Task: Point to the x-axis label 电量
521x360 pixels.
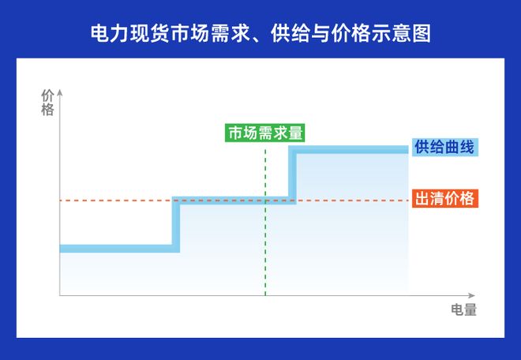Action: tap(463, 310)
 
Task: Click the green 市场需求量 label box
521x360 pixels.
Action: tap(265, 133)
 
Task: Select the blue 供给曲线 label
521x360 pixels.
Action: tap(445, 148)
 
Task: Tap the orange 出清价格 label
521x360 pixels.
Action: tap(445, 199)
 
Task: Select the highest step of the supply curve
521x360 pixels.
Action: tap(351, 149)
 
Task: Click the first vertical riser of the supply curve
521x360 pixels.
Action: tap(176, 224)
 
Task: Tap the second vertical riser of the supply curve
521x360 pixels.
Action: tap(293, 174)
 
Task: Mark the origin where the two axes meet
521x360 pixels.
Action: tap(60, 296)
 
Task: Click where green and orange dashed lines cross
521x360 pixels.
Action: tap(265, 201)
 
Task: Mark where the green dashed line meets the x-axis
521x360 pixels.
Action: tap(265, 296)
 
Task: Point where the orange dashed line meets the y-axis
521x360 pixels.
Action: tap(60, 201)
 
